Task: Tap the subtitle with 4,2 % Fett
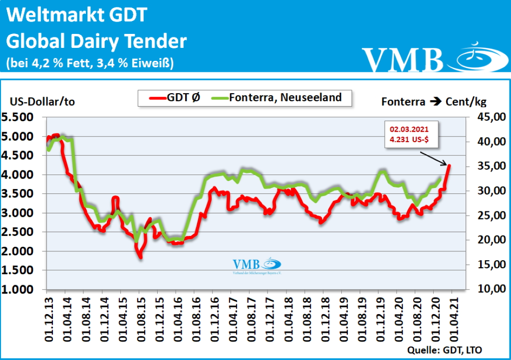tap(90, 63)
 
